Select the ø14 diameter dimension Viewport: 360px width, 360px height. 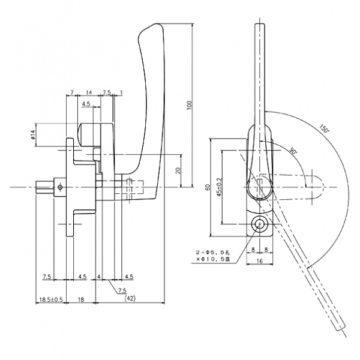tap(34, 136)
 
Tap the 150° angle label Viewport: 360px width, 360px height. tap(325, 129)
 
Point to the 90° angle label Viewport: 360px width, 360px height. tap(293, 151)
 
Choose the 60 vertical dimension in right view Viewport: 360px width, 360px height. tap(208, 188)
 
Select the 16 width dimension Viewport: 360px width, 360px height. tap(259, 262)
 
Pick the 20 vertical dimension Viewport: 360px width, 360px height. tap(178, 170)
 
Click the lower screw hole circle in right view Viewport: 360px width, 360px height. tap(259, 225)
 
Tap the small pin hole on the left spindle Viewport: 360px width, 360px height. tap(60, 187)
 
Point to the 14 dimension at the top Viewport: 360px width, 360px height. tap(89, 93)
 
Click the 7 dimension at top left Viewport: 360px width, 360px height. tap(71, 93)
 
